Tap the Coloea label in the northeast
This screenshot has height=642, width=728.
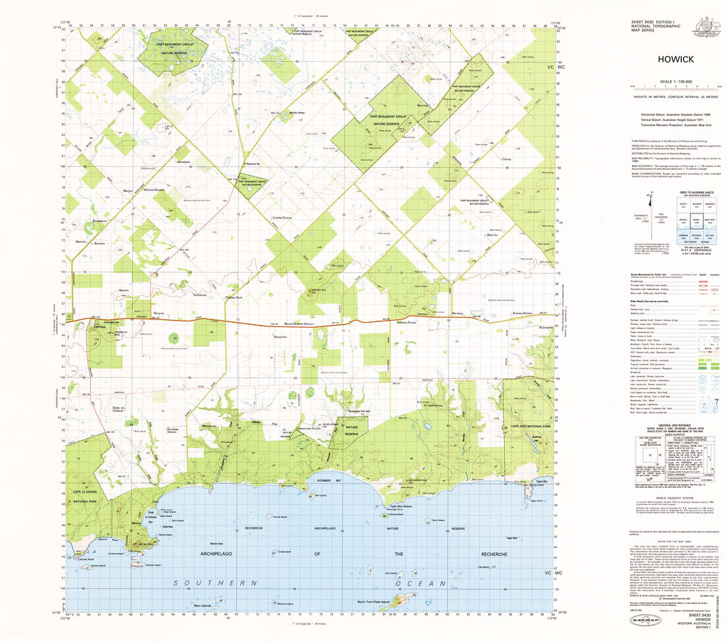506,159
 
